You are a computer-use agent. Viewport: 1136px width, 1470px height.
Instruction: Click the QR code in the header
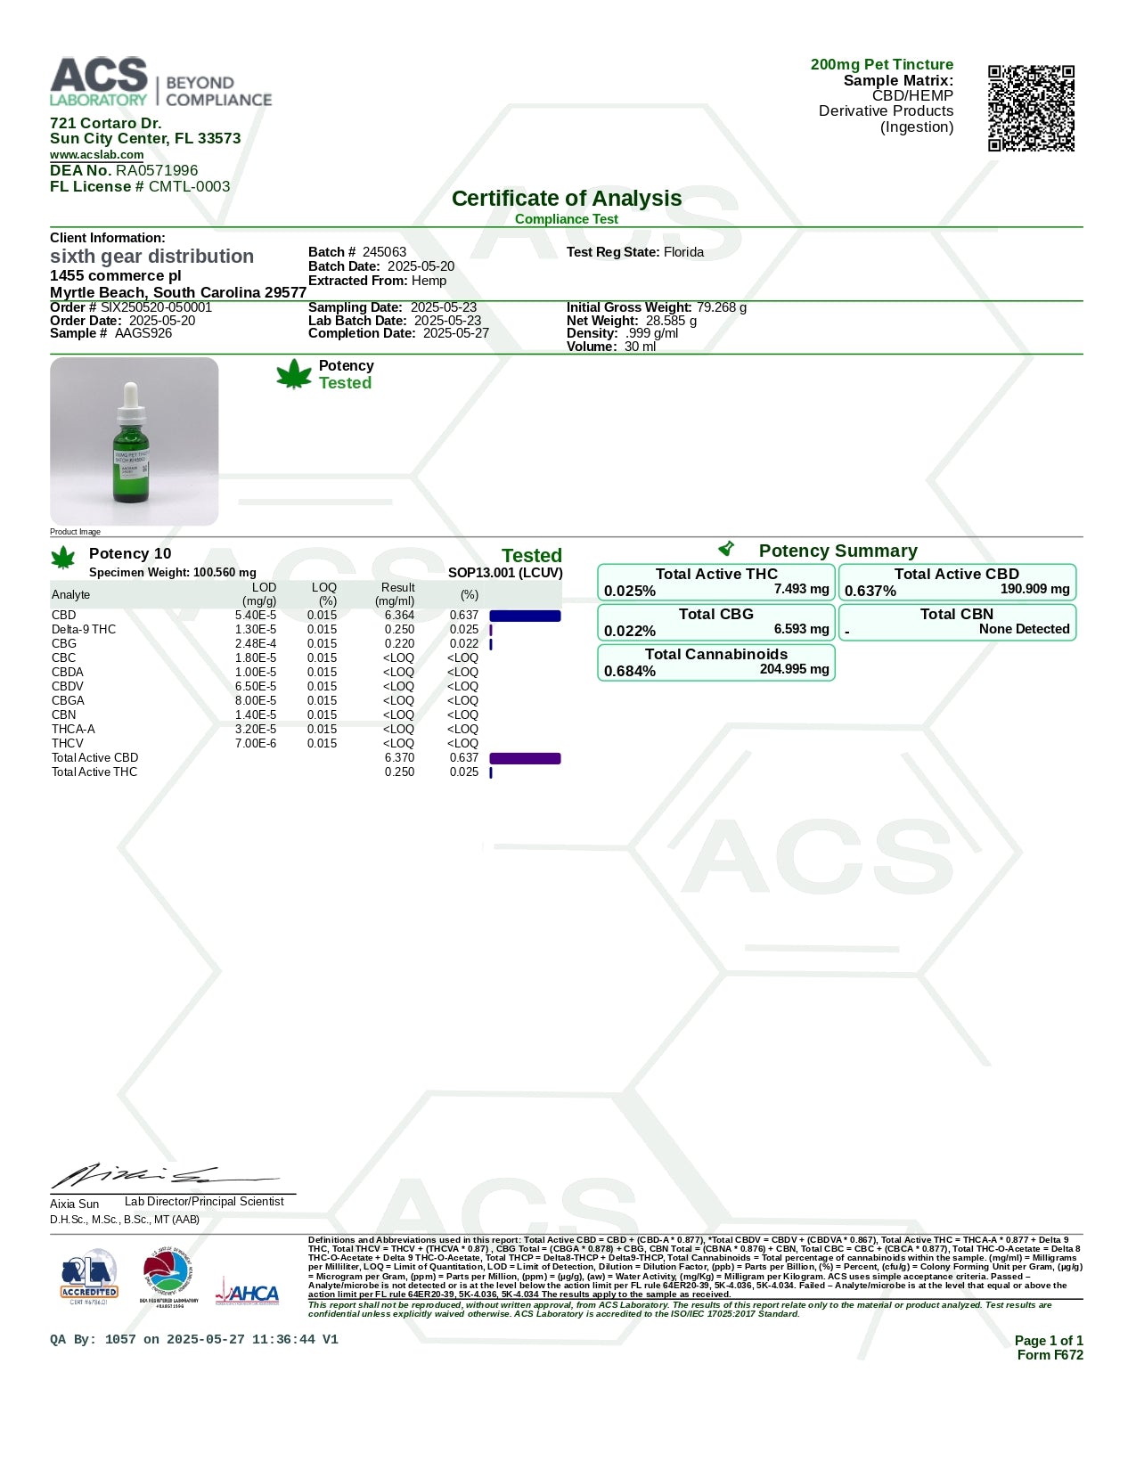(1031, 108)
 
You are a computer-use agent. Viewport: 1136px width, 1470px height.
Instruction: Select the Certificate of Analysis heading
(567, 199)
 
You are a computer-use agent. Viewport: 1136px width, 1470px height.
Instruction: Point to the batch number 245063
(384, 252)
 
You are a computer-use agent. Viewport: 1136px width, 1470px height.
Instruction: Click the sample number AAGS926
(143, 333)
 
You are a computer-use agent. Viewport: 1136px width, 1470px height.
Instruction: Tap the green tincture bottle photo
(134, 442)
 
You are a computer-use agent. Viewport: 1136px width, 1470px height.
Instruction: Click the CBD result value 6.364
(399, 616)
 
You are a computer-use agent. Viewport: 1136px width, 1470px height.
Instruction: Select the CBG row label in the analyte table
(64, 644)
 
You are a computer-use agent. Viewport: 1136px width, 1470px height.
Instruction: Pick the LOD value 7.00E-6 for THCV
(256, 744)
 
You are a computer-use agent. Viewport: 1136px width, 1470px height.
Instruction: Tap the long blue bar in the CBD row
(525, 616)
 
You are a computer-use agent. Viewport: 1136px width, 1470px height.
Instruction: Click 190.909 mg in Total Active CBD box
(1034, 589)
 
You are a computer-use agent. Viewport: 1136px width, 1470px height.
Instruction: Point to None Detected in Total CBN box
(1024, 629)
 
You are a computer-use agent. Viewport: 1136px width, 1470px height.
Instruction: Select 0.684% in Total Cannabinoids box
(630, 672)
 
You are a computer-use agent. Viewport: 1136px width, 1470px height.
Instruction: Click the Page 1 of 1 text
(1049, 1341)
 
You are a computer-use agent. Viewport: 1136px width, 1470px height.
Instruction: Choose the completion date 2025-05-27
(455, 333)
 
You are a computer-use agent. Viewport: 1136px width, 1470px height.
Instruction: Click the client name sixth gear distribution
(151, 257)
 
